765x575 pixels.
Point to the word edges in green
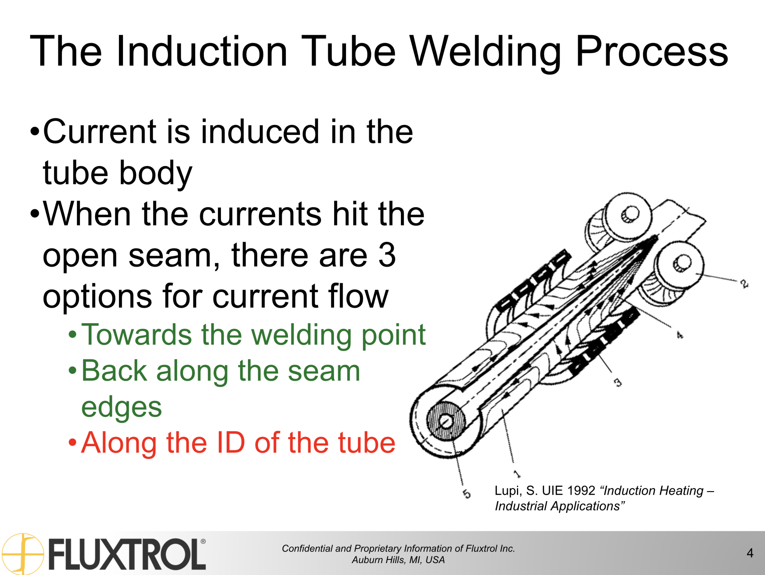click(x=121, y=407)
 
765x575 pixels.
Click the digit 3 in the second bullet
click(x=387, y=255)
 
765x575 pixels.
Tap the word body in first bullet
click(x=155, y=173)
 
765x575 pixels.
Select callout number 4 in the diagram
click(x=680, y=335)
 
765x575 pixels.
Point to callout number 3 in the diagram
click(x=618, y=382)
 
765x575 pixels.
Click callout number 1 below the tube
click(x=517, y=473)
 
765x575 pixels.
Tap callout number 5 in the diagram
click(x=467, y=493)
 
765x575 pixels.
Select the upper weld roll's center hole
click(x=630, y=214)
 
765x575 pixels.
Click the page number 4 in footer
click(x=750, y=553)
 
